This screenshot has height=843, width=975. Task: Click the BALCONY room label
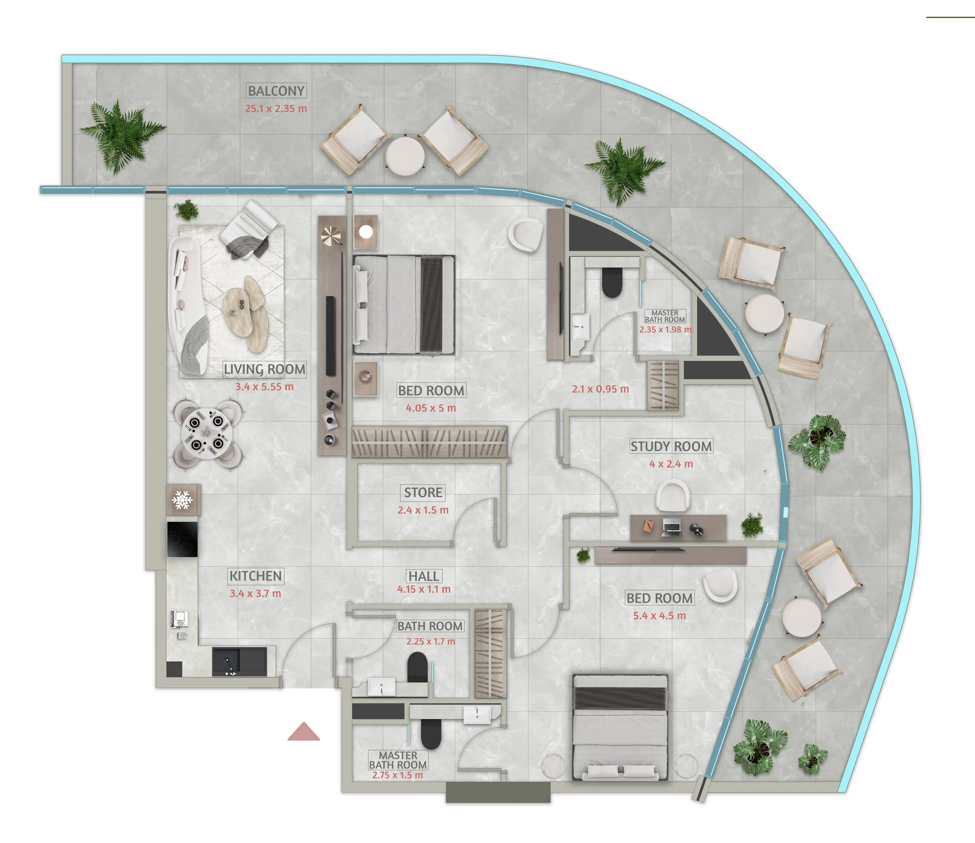coord(276,91)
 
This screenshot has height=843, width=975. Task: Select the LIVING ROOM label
coord(265,369)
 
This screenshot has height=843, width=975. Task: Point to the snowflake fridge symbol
coord(182,500)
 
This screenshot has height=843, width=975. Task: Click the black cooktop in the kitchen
coord(182,539)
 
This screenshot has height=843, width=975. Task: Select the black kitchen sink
coord(239,661)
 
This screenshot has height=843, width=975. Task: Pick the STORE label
coord(423,493)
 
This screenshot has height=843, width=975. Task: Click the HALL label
coord(424,576)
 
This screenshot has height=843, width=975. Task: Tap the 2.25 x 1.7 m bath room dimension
coord(431,642)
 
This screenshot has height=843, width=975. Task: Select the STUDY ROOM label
coord(671,446)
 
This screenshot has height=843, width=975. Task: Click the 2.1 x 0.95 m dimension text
coord(600,389)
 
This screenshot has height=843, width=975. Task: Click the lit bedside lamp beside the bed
coord(366,231)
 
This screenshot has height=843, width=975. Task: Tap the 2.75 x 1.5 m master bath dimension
coord(398,775)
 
